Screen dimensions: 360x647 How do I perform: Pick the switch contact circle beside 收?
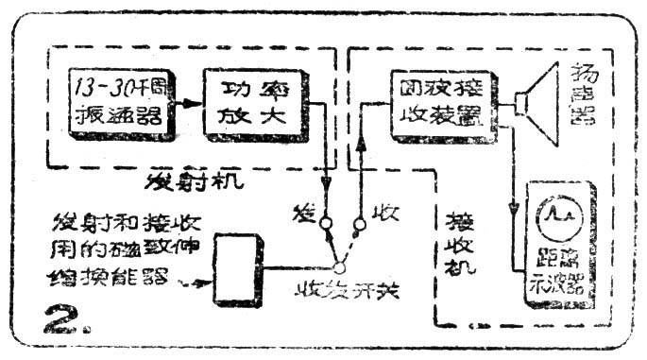click(359, 225)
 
